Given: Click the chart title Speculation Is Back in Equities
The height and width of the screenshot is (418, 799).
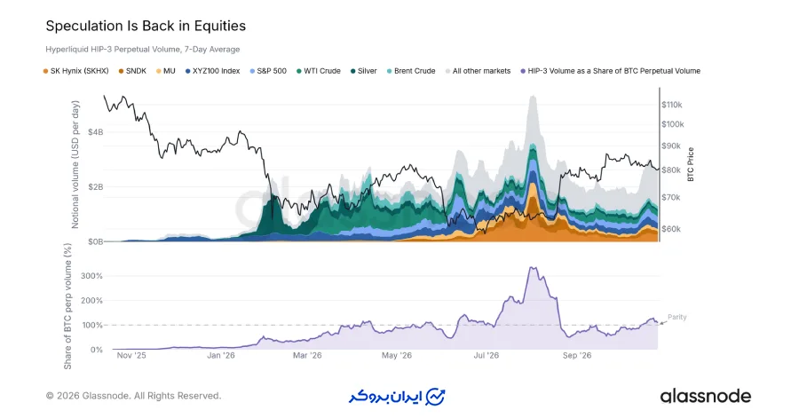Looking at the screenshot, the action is [146, 26].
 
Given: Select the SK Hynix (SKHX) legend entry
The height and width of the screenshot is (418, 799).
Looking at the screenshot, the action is [76, 71].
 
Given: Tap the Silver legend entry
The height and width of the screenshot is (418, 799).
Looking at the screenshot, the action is [363, 71].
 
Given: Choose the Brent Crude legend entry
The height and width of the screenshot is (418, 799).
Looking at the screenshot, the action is [411, 71].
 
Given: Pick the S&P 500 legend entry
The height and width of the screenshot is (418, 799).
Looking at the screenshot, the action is [268, 71].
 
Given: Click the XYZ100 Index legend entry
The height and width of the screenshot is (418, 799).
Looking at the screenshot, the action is [212, 71].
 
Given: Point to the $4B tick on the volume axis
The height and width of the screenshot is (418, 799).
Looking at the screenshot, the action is [95, 132].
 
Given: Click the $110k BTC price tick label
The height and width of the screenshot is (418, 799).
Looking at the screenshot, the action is [672, 105].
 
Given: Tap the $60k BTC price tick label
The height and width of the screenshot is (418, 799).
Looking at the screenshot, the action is [671, 229].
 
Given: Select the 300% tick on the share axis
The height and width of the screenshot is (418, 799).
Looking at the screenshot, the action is [91, 276].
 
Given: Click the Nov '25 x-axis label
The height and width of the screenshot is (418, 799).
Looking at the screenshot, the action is [131, 355].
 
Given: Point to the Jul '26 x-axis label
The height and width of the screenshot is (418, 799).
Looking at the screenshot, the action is [487, 355].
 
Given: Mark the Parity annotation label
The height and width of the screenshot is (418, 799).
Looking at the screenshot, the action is [677, 317].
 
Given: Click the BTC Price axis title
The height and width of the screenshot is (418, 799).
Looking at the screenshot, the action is [691, 164].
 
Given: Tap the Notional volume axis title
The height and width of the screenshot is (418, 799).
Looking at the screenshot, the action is [75, 164].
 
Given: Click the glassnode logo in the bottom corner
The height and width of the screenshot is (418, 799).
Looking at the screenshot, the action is [705, 396].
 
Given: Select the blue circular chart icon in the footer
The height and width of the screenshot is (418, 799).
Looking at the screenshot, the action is [435, 397].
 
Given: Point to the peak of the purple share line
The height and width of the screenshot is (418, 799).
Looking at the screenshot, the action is [532, 267].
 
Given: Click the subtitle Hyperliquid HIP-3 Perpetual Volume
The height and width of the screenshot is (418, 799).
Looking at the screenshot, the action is [113, 50].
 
